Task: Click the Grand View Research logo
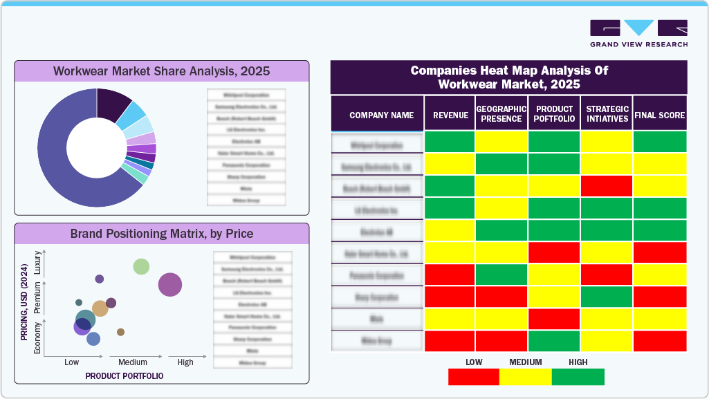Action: (x=638, y=33)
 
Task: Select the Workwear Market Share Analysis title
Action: (x=162, y=71)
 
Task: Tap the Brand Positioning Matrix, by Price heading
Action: (x=162, y=234)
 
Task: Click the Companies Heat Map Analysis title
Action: (x=508, y=77)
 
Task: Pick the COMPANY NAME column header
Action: (x=381, y=115)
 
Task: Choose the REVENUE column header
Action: (x=450, y=115)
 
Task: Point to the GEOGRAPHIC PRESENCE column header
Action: (x=501, y=114)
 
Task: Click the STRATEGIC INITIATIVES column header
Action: (x=607, y=114)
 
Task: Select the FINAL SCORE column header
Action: (x=660, y=115)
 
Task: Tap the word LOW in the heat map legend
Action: (x=474, y=362)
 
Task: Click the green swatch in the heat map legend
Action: (x=578, y=377)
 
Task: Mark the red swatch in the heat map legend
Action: (x=474, y=377)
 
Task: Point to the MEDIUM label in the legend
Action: (x=525, y=362)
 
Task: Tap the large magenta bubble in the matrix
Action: (x=170, y=284)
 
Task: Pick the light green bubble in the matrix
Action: (x=141, y=266)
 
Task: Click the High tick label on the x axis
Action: (x=185, y=362)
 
